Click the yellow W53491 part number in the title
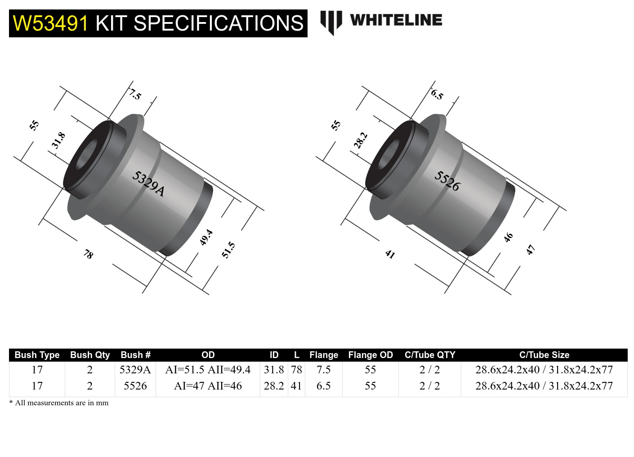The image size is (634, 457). click(50, 23)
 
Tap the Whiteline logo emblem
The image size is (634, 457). click(331, 22)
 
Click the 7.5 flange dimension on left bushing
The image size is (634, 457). click(135, 94)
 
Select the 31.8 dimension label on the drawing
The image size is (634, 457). click(58, 140)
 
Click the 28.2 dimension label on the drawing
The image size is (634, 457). click(361, 140)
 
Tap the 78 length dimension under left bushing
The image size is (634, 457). click(88, 255)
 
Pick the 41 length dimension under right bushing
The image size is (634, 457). click(390, 255)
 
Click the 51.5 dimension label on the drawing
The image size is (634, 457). click(228, 250)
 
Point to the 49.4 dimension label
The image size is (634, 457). click(206, 237)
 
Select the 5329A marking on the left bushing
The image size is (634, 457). click(148, 184)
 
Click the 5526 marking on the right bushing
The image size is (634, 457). click(447, 181)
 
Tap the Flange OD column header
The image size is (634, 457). click(371, 355)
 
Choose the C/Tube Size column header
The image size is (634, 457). click(544, 355)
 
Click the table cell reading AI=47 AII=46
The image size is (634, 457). click(208, 386)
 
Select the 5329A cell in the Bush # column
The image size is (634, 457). click(135, 370)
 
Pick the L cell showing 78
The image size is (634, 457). click(296, 370)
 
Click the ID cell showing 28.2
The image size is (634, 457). click(274, 386)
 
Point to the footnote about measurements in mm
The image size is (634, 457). click(59, 403)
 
